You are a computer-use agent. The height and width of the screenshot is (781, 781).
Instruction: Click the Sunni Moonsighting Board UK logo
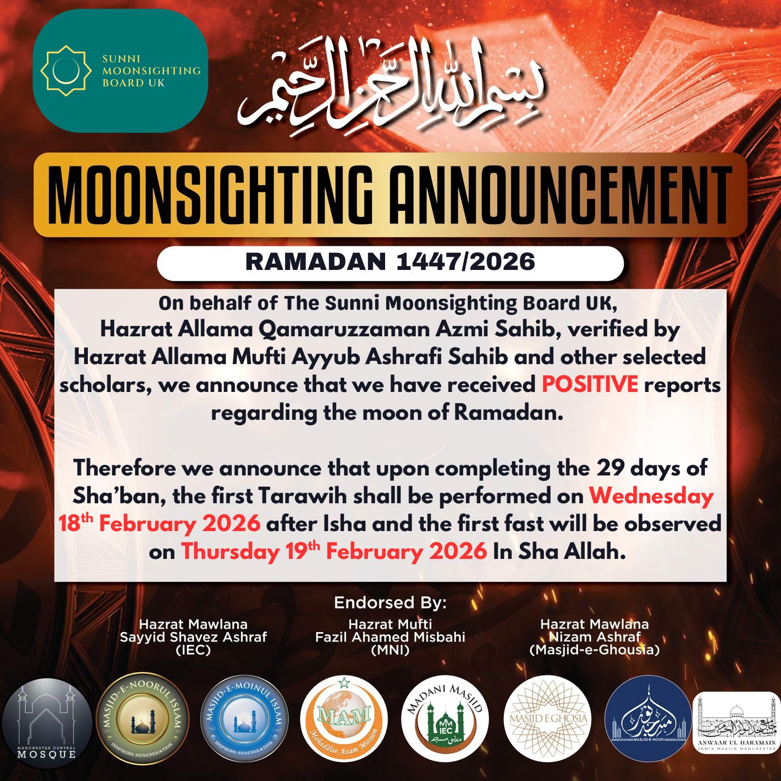point(120,71)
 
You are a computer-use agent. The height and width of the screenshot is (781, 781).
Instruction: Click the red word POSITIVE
point(590,385)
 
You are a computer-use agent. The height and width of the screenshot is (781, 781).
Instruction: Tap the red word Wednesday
point(651,496)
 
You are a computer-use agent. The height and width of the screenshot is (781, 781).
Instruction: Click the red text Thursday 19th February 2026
point(334,552)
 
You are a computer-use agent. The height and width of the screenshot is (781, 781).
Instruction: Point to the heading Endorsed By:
point(390,603)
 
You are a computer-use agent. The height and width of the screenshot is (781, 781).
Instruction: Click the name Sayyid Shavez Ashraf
point(193,637)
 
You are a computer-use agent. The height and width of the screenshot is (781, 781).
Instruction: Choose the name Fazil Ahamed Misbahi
point(390,637)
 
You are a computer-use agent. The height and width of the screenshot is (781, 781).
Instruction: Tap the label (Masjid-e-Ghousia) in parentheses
point(595,650)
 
